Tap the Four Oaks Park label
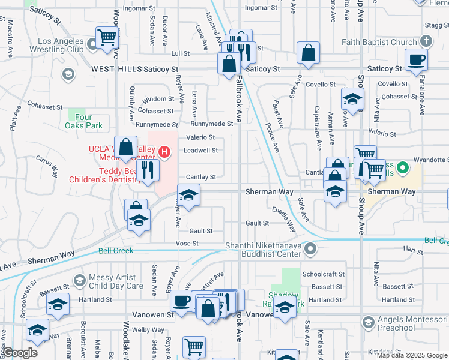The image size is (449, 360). [84, 122]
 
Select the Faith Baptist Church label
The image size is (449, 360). [379, 43]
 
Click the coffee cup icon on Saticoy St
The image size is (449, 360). [415, 59]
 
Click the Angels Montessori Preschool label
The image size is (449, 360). [414, 324]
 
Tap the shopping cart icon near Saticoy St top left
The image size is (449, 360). [107, 37]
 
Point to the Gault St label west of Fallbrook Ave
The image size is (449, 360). [201, 231]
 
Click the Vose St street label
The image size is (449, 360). [187, 243]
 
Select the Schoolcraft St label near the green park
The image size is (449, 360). [323, 274]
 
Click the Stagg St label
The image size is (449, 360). [436, 25]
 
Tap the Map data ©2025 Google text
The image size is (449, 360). [412, 355]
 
